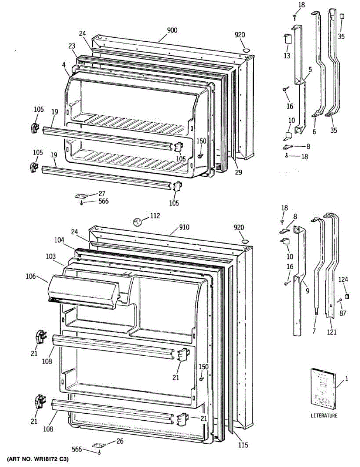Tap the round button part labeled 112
click(137, 222)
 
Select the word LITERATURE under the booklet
click(324, 416)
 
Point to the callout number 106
click(31, 277)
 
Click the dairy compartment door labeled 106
click(84, 291)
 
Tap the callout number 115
click(242, 445)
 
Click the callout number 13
click(287, 56)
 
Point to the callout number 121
click(332, 332)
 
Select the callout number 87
click(342, 313)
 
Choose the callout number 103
click(51, 257)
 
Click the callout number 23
click(72, 46)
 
